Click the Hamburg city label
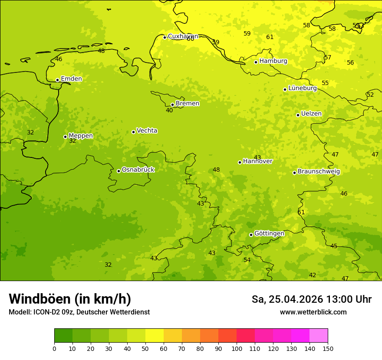coord(273,61)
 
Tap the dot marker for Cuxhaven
coord(165,37)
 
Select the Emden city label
coord(71,79)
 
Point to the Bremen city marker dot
coord(172,105)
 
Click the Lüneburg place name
coord(302,88)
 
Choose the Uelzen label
coord(311,114)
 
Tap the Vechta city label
coord(147,131)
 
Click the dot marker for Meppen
coord(65,137)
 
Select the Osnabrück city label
coord(138,170)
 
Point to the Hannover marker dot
coord(240,162)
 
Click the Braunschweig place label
coord(319,172)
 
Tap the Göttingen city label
coord(269,233)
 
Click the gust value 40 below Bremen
coord(169,111)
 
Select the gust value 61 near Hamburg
coord(270,37)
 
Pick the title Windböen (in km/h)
coord(70,299)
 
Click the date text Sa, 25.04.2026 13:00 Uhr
coord(311,299)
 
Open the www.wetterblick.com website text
coord(313,312)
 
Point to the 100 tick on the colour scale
coord(237,348)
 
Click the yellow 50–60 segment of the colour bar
coord(155,336)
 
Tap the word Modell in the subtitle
coord(20,312)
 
